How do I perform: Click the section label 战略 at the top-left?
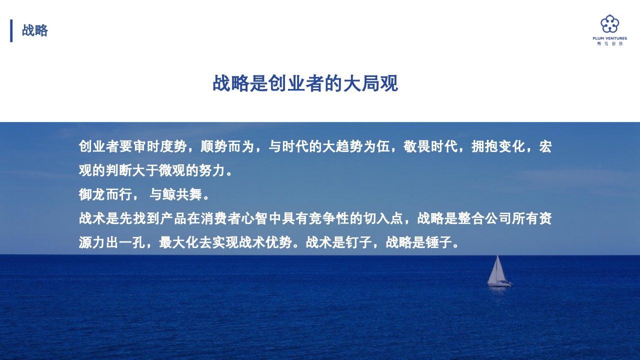point(35,30)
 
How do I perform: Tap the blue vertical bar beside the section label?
point(11,30)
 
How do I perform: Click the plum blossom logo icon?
point(609,24)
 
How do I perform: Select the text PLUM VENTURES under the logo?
point(609,38)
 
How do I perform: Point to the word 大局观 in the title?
point(370,83)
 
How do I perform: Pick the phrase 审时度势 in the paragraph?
point(160,146)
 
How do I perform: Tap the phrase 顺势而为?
point(227,146)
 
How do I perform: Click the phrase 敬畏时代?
point(430,146)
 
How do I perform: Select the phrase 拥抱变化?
point(498,146)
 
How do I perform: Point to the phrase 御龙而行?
point(105,194)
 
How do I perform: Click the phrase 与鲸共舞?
point(176,194)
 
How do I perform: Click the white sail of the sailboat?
point(496,270)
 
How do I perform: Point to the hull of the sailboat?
point(499,284)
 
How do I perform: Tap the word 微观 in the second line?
point(171,170)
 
